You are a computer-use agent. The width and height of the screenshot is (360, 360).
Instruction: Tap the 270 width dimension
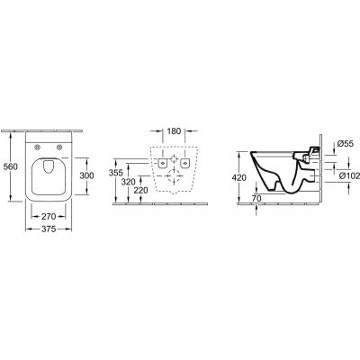point(49,216)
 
